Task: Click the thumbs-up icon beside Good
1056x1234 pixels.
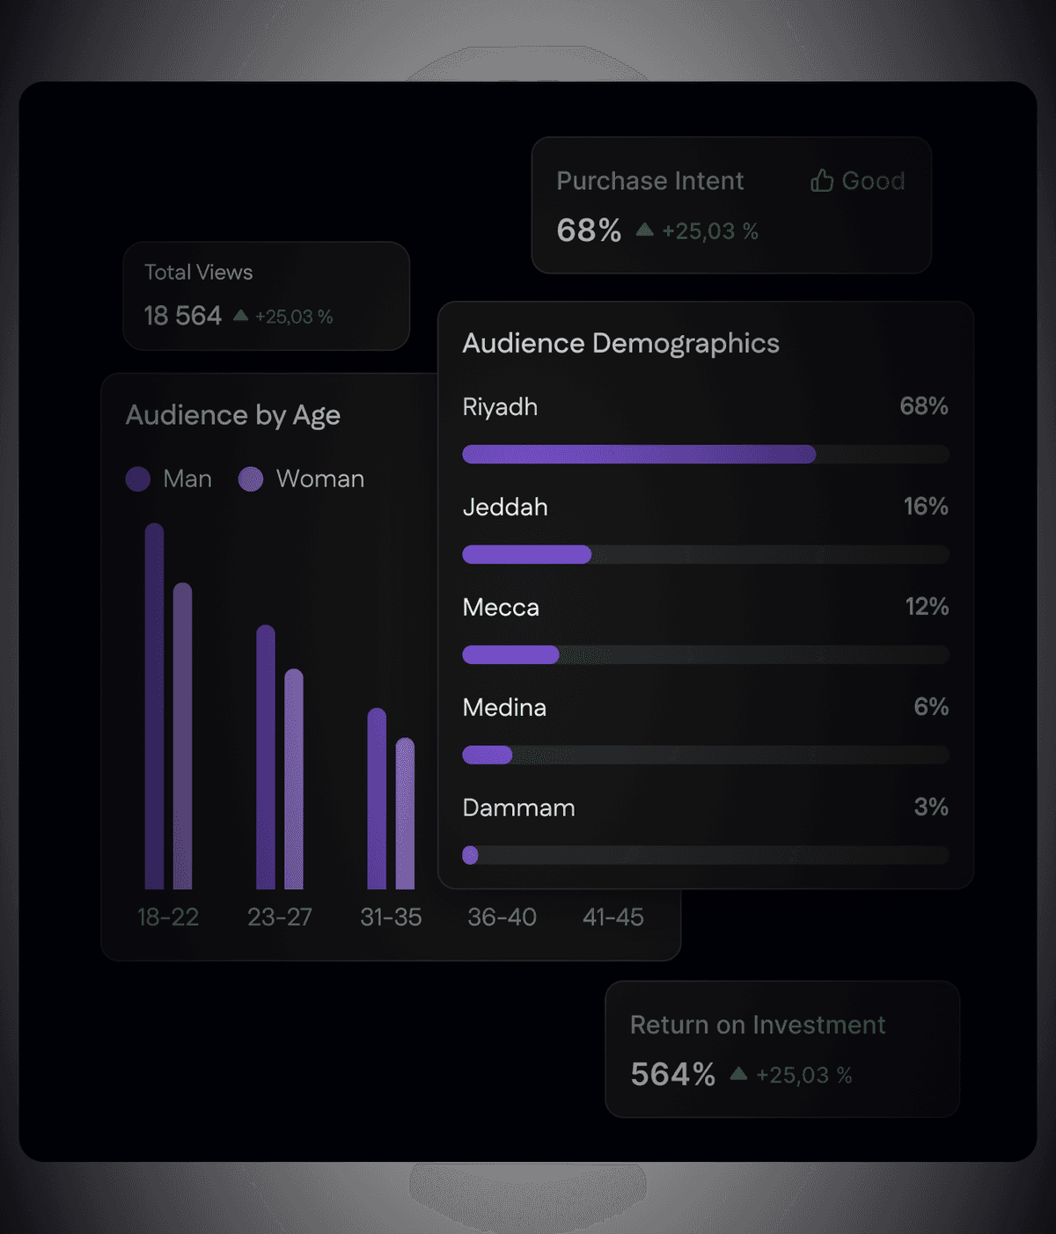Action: (822, 180)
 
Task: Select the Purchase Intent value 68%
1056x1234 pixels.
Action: (589, 230)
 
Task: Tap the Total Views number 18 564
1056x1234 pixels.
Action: (183, 316)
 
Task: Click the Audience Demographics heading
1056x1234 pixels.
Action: (620, 343)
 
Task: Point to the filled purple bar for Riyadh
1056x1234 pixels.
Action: (639, 455)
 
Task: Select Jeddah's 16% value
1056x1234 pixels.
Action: (926, 507)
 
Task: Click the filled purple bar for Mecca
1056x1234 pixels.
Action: (510, 654)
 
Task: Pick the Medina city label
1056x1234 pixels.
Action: (504, 708)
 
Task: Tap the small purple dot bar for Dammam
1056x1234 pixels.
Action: (470, 855)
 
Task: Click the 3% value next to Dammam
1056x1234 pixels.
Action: (931, 807)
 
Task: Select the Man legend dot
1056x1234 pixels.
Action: (138, 479)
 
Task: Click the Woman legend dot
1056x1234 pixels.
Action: (251, 479)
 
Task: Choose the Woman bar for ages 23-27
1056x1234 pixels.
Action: (294, 778)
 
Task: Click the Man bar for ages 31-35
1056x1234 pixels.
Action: (377, 798)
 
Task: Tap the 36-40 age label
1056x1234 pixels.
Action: (502, 917)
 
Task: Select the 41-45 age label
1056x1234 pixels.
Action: (613, 917)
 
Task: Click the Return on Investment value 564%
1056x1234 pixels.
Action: (672, 1075)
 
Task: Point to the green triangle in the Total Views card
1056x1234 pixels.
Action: (240, 315)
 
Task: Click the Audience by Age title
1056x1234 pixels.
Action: (233, 415)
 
